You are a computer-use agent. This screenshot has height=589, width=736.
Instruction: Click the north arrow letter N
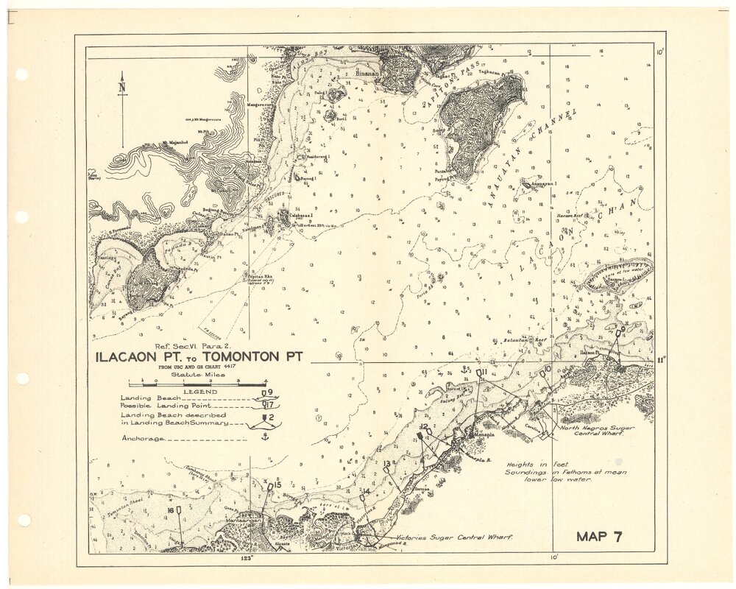[x=122, y=88]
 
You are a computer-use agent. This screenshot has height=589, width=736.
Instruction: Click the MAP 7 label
[x=599, y=536]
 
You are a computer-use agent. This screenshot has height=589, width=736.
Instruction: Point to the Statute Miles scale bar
[x=197, y=384]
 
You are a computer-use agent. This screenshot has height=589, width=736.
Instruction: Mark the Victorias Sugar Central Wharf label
[x=453, y=537]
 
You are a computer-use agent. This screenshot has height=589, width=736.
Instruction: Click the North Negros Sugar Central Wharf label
[x=592, y=430]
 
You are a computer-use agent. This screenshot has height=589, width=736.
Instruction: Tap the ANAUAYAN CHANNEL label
[x=528, y=154]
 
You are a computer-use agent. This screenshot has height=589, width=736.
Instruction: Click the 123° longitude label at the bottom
[x=247, y=560]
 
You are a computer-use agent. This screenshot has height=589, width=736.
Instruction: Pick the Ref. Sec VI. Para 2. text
[x=189, y=345]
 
